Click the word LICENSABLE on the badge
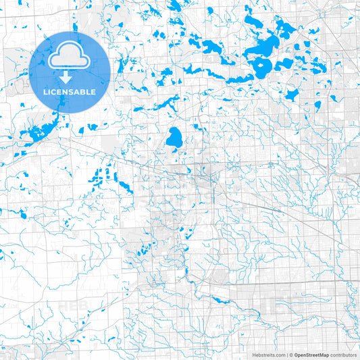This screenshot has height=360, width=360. pos(70,91)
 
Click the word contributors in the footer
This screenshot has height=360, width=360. pos(344,355)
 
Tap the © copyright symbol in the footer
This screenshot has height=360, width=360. pos(292,355)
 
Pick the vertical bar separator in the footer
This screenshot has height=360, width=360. pos(287,355)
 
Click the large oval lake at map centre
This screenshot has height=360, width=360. pos(174,139)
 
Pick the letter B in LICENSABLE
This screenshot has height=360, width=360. pos(86,91)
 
